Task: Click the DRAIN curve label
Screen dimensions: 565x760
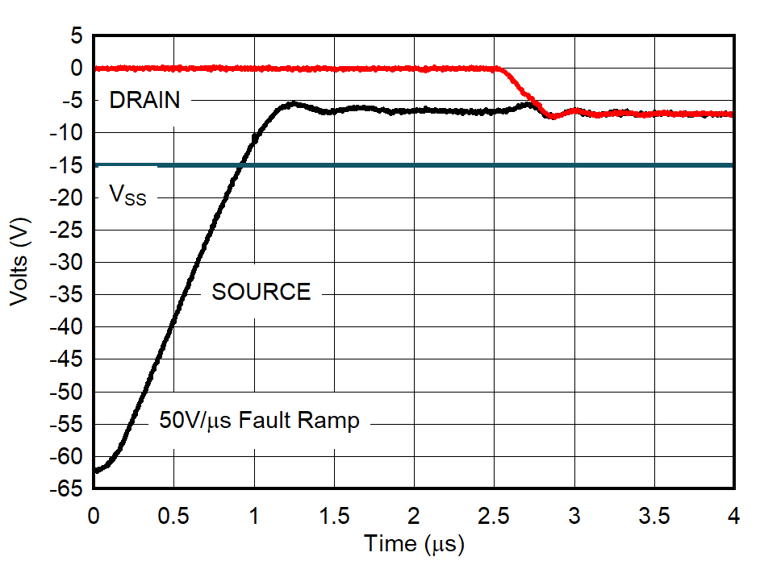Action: (x=144, y=101)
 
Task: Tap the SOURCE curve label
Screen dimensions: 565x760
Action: (x=261, y=292)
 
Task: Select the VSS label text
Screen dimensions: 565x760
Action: (x=127, y=195)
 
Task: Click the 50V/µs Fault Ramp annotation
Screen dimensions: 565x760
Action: (x=259, y=421)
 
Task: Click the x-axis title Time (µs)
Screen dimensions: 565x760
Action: (x=414, y=544)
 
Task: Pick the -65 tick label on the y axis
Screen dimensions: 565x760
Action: (x=68, y=488)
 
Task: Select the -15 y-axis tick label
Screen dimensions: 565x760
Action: (x=68, y=165)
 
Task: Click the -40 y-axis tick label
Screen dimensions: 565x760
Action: (x=68, y=326)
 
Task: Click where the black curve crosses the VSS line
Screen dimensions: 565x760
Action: (x=240, y=165)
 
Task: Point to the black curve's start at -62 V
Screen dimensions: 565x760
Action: (x=95, y=470)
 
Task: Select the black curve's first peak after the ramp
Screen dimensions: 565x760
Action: (x=292, y=104)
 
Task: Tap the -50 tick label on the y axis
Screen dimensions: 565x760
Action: (x=68, y=392)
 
